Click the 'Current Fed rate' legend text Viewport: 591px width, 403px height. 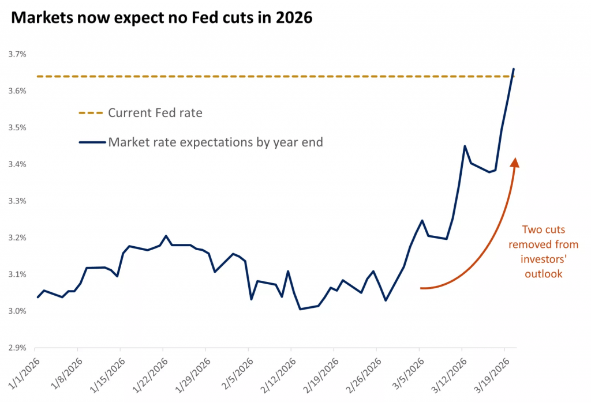[x=155, y=113]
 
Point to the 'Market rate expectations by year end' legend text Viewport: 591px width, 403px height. [x=215, y=142]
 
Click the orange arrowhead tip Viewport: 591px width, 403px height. [x=515, y=159]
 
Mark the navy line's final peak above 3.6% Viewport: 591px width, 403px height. [x=514, y=69]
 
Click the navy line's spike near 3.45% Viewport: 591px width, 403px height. [x=465, y=146]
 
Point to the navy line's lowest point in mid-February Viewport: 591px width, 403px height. [x=300, y=309]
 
